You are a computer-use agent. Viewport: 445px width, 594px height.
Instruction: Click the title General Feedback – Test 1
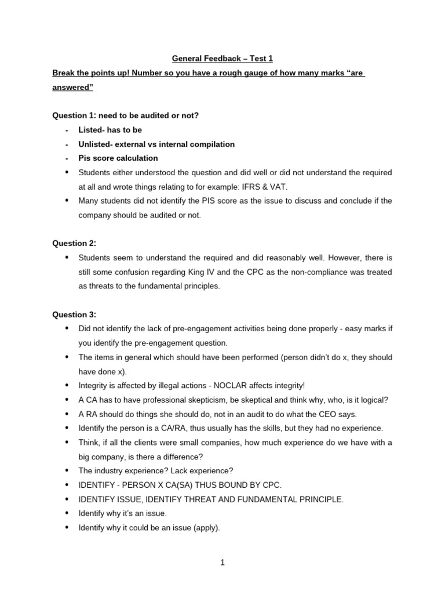click(x=222, y=59)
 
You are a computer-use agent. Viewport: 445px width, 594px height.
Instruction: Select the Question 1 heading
click(x=126, y=115)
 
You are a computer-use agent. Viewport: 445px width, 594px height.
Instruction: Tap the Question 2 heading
click(x=75, y=243)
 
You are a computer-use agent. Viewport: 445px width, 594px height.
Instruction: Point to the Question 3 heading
click(x=75, y=314)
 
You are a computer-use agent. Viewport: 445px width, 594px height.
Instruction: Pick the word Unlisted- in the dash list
click(x=96, y=144)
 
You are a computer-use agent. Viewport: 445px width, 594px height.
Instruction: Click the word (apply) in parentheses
click(x=207, y=527)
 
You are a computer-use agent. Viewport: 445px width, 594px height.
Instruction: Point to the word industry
click(x=108, y=470)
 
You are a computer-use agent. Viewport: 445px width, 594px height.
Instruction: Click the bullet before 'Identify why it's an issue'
click(x=67, y=513)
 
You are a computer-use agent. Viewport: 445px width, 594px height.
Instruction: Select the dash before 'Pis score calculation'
click(x=67, y=158)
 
